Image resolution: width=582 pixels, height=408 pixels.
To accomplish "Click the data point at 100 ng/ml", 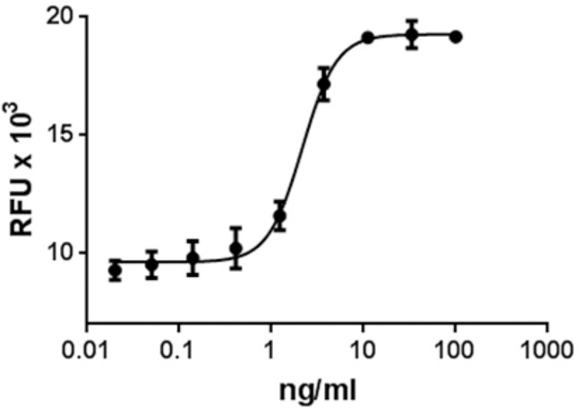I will [456, 37].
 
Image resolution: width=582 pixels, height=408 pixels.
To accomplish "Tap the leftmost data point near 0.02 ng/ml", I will [115, 271].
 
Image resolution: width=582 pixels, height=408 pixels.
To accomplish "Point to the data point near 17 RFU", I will [323, 84].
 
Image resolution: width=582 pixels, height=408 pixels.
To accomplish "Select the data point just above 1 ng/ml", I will [279, 216].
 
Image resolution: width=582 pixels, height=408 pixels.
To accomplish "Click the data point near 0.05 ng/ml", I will [152, 265].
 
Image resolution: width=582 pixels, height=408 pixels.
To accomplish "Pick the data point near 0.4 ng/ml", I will [235, 248].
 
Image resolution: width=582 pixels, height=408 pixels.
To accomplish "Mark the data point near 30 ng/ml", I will [412, 35].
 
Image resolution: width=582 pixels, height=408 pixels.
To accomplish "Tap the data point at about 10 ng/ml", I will [367, 38].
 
